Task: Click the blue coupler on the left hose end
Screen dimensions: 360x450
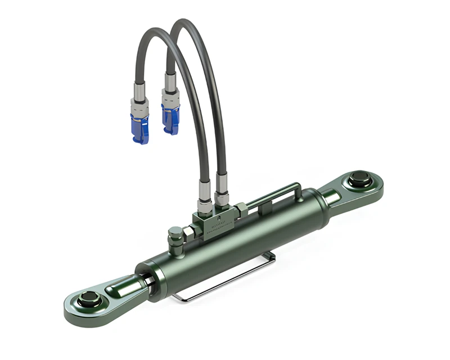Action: click(139, 128)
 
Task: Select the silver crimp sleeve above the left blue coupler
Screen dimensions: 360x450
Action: click(139, 91)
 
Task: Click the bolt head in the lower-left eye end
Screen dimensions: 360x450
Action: click(89, 299)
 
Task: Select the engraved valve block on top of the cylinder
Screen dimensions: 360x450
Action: click(217, 223)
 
